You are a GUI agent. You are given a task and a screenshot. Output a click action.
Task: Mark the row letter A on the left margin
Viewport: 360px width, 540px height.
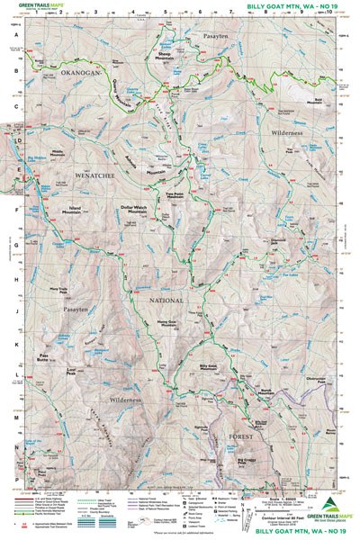15,36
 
